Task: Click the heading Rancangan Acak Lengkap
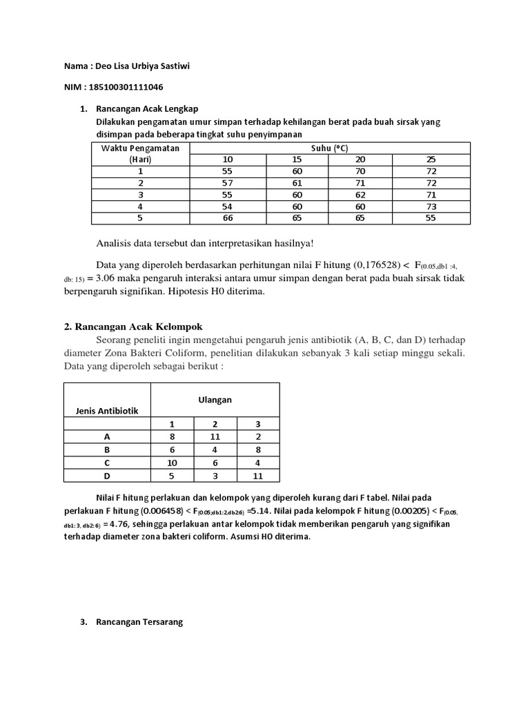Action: [148, 109]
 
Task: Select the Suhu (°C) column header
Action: [330, 148]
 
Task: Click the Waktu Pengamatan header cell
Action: [140, 148]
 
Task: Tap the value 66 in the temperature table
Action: [227, 218]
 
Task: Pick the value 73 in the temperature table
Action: [431, 206]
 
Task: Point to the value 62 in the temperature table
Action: [360, 195]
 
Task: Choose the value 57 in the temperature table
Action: [227, 183]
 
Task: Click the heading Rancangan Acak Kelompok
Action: [128, 327]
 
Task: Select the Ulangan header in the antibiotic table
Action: [215, 400]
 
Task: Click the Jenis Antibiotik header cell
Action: [107, 411]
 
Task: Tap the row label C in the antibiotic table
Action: [107, 462]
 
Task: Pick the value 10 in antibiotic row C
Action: [172, 462]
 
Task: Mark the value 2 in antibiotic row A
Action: [258, 436]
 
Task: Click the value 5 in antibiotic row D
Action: [172, 475]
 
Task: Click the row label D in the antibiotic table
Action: [107, 475]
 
